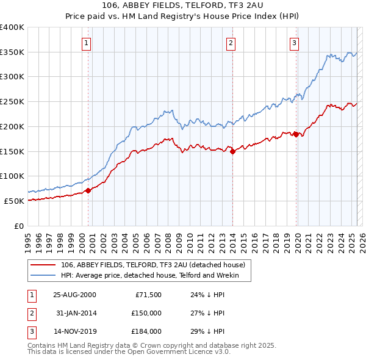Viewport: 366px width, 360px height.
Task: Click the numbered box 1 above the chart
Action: (x=87, y=43)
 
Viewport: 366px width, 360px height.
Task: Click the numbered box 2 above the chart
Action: (x=231, y=43)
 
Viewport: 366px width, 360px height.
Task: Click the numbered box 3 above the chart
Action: (x=294, y=43)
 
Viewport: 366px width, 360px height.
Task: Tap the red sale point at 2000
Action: (x=88, y=190)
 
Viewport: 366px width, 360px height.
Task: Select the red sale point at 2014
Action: (x=232, y=152)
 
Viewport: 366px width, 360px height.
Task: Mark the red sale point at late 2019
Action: (x=296, y=134)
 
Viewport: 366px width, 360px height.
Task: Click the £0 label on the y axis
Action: (x=18, y=226)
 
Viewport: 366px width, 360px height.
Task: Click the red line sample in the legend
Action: (x=43, y=265)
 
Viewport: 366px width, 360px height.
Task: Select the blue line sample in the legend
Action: (x=43, y=276)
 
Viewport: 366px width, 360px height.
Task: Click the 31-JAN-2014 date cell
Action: (x=74, y=313)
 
